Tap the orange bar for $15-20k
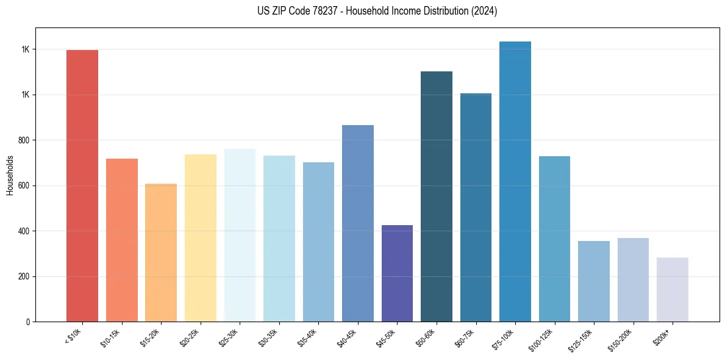(x=161, y=253)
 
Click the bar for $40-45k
(x=358, y=223)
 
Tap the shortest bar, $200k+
(x=673, y=290)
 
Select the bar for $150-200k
(x=633, y=280)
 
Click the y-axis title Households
(x=10, y=175)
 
